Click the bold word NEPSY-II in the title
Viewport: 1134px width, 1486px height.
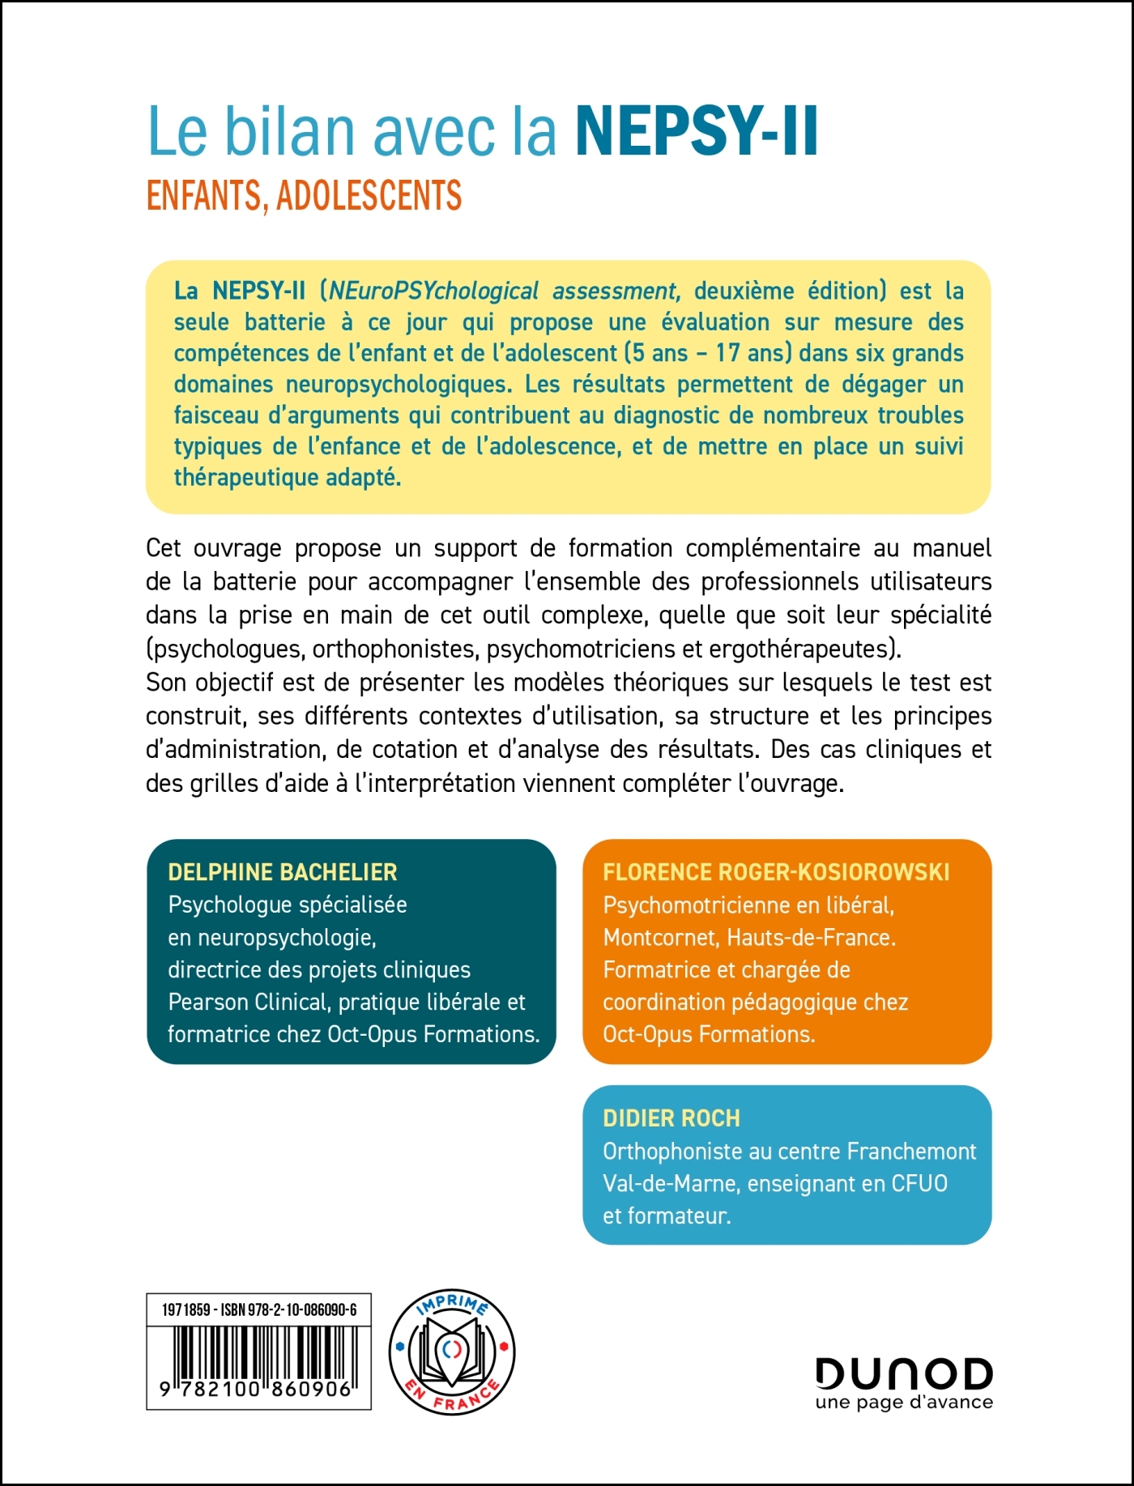tap(697, 131)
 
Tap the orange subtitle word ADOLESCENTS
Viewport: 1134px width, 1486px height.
tap(369, 196)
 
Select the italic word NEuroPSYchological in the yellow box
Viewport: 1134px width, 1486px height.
tap(434, 291)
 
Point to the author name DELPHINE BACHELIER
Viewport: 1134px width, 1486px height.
tap(283, 872)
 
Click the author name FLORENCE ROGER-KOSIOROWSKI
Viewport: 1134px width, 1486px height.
tap(776, 872)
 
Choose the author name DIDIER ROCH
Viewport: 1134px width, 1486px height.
tap(671, 1118)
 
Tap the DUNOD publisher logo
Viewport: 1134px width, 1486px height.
tap(903, 1373)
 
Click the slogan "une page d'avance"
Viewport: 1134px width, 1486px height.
tap(904, 1403)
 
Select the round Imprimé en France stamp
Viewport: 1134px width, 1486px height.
tap(452, 1352)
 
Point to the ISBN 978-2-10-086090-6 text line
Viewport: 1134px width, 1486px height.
tap(259, 1309)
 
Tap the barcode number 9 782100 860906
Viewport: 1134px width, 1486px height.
tap(258, 1390)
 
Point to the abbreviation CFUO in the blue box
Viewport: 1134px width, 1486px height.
tap(919, 1184)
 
